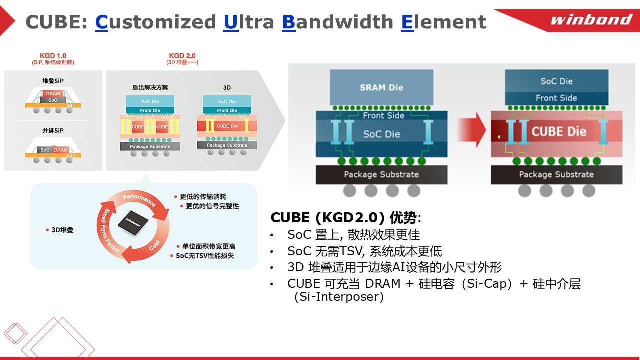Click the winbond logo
click(591, 20)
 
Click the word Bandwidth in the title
click(338, 22)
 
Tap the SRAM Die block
click(381, 87)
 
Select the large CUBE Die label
click(558, 132)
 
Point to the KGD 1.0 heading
click(53, 55)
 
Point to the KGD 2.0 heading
click(182, 55)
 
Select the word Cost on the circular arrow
click(155, 246)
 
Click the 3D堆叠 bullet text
click(62, 230)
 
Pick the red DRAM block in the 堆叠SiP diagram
click(53, 94)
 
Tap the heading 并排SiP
click(53, 131)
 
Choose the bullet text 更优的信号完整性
click(212, 206)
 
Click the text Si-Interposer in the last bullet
click(339, 297)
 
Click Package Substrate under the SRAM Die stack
click(381, 174)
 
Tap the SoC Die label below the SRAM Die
click(381, 134)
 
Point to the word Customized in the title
click(155, 22)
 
